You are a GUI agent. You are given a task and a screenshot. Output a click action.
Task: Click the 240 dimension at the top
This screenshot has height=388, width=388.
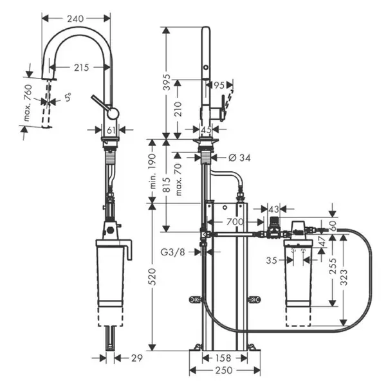tap(76, 19)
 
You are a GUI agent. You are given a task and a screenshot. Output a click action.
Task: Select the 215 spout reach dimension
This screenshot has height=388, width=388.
tap(82, 66)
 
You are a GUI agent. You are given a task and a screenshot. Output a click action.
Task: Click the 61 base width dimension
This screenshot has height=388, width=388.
tap(110, 129)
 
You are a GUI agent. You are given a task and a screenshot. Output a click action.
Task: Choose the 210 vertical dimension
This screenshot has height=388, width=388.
tap(184, 115)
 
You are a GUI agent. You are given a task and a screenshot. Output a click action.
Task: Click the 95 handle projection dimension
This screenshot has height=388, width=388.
tap(219, 85)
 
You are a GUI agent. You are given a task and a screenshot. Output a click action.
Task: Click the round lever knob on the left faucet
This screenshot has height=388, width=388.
tap(113, 113)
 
